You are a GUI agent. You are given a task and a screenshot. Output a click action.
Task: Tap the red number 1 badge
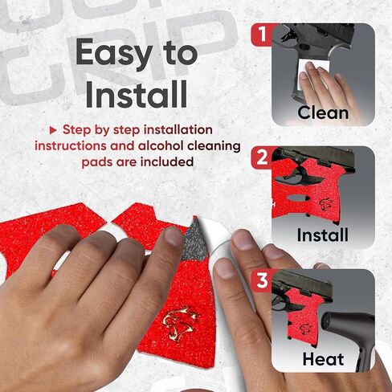[262, 34]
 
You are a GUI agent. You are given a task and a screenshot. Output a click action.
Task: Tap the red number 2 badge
[262, 157]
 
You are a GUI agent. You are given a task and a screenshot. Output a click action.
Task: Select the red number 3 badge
[262, 280]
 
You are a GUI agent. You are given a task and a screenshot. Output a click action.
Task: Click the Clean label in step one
[323, 112]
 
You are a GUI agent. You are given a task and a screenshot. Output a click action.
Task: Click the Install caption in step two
[323, 235]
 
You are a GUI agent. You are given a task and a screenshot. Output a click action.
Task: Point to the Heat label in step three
[323, 359]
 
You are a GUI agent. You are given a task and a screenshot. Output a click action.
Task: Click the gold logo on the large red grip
[180, 325]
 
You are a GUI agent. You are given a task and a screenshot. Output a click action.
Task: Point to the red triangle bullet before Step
[53, 130]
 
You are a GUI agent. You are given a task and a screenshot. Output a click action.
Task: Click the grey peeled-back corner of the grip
[194, 241]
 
